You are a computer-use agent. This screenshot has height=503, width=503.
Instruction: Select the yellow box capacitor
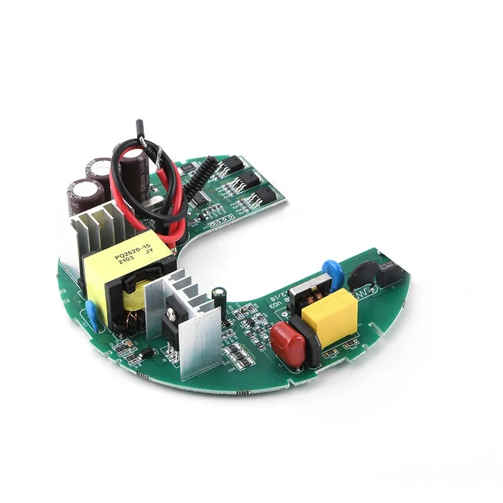329,315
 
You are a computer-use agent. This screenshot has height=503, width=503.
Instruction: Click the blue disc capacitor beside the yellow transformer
92,312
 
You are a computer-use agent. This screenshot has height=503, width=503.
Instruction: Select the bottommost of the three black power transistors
268,196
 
